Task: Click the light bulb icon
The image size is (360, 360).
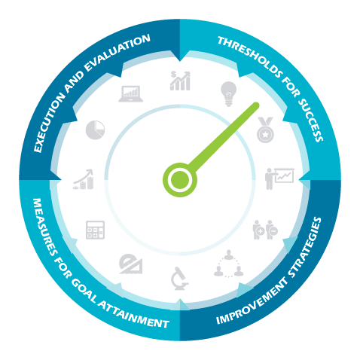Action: click(228, 94)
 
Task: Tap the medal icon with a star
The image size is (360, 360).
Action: click(265, 130)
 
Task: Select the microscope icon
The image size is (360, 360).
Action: click(179, 279)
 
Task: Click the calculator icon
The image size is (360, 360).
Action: click(95, 230)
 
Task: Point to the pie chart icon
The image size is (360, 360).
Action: click(95, 130)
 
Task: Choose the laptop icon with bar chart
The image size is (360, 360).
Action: click(131, 94)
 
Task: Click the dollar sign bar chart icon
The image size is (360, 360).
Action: click(180, 81)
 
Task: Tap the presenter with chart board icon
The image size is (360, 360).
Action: click(279, 178)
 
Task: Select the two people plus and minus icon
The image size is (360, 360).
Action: click(265, 230)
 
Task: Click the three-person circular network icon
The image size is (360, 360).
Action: click(228, 264)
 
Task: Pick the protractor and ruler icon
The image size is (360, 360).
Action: click(131, 264)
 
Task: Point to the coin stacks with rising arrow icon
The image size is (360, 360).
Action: click(84, 179)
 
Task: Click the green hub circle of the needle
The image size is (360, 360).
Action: click(180, 180)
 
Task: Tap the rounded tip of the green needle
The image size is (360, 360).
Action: click(255, 105)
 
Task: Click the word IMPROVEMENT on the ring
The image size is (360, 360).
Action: click(252, 302)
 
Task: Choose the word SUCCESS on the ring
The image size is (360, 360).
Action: click(310, 120)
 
